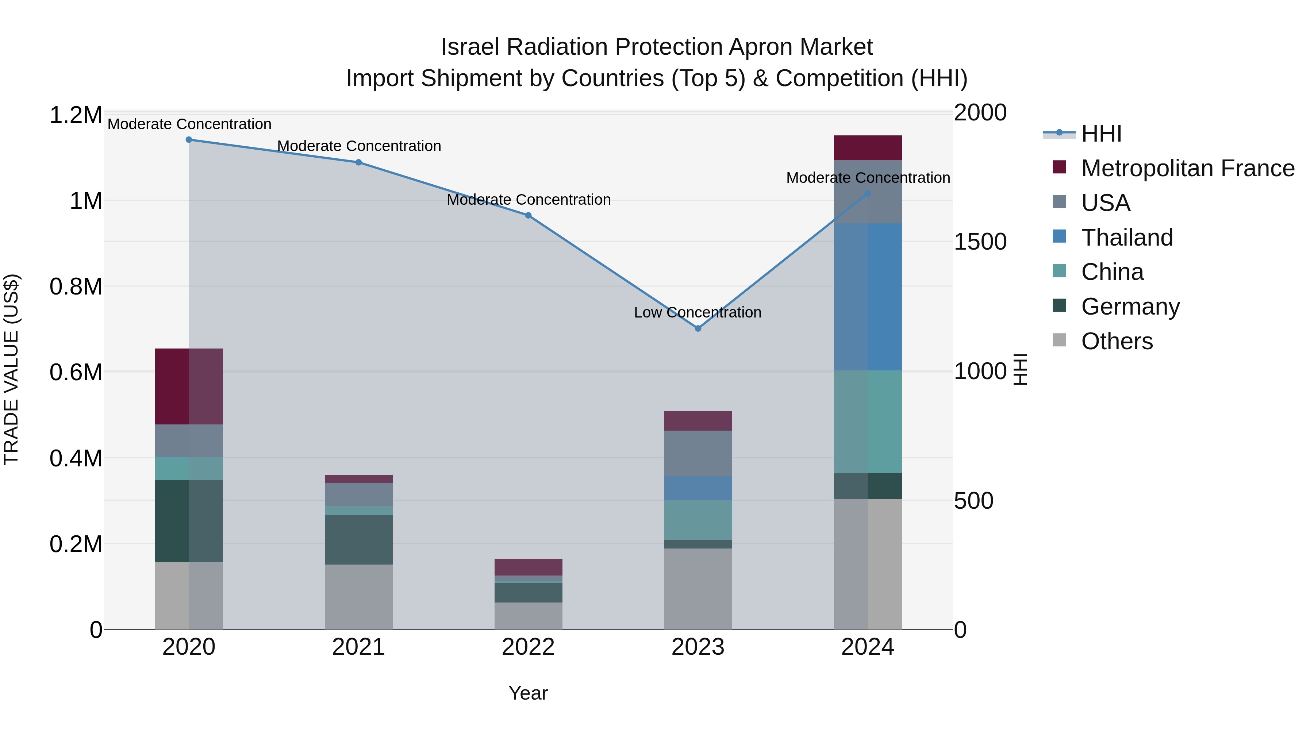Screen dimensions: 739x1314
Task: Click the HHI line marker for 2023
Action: coord(698,328)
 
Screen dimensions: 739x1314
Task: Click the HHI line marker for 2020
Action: coord(189,139)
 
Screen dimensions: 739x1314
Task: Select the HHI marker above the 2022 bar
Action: coord(528,215)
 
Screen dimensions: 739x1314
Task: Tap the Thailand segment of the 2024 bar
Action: coord(868,297)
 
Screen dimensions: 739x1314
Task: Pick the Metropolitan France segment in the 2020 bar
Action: coord(189,386)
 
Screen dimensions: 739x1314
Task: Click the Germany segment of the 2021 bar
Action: coord(358,540)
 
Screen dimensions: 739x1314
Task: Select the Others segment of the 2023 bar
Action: coord(698,589)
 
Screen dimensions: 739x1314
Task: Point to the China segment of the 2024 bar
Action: coord(868,422)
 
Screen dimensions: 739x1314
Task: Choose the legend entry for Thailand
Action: coord(1127,238)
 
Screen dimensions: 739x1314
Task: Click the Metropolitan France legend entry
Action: coord(1187,168)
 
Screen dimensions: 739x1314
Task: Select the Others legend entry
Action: coord(1117,341)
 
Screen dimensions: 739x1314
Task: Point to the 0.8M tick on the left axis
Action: coord(76,286)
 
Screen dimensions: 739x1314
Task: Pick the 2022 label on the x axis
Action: coord(528,647)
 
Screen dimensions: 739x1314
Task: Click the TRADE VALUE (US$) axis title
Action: coord(12,369)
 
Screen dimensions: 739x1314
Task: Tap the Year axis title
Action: coord(528,693)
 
